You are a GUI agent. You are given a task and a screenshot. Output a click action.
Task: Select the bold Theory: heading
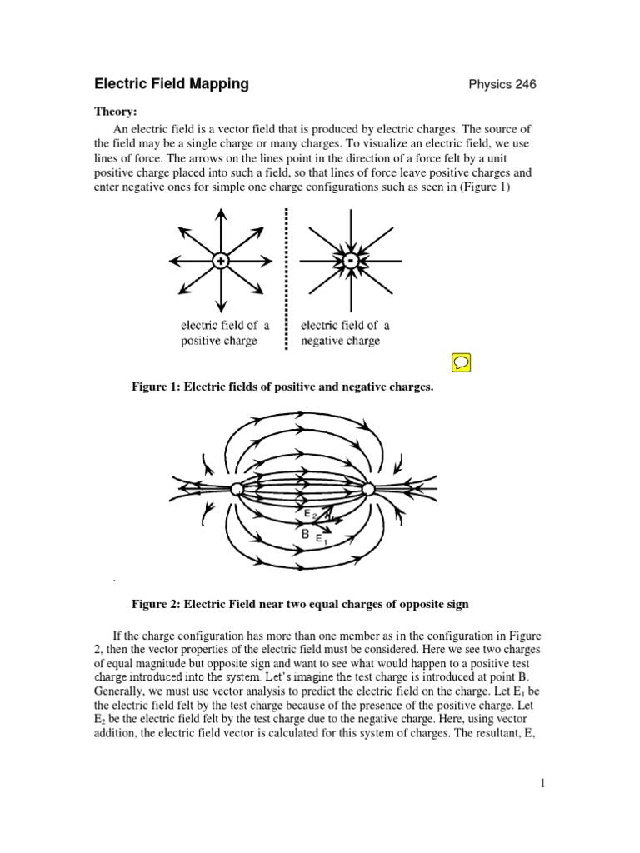tap(117, 111)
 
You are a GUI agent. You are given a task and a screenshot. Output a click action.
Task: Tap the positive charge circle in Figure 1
tap(221, 261)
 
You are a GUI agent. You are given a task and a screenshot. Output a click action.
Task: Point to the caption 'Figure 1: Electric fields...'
tap(283, 388)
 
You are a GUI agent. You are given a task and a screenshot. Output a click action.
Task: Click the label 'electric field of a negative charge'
tap(345, 333)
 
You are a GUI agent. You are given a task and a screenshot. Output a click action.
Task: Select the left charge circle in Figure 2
tap(237, 489)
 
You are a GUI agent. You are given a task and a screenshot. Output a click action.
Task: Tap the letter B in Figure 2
tap(306, 533)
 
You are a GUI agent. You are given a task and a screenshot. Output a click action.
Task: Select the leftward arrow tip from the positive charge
tap(172, 261)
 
